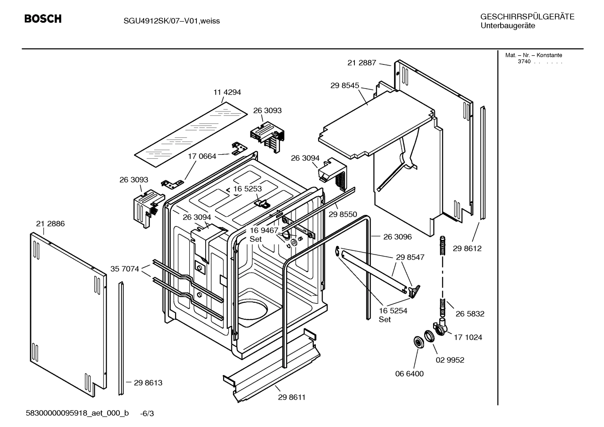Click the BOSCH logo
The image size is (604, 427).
pyautogui.click(x=43, y=19)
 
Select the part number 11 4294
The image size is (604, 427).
pyautogui.click(x=227, y=92)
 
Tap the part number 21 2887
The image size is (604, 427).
pyautogui.click(x=361, y=63)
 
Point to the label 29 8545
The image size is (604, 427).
pyautogui.click(x=344, y=85)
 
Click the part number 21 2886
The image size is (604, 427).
pyautogui.click(x=50, y=224)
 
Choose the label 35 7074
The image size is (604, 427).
pyautogui.click(x=124, y=269)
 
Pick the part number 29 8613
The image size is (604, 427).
pyautogui.click(x=148, y=383)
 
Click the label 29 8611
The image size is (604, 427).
pyautogui.click(x=292, y=397)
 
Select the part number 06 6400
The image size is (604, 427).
pyautogui.click(x=409, y=374)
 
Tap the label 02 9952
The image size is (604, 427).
pyautogui.click(x=450, y=360)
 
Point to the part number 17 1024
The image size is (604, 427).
pyautogui.click(x=468, y=337)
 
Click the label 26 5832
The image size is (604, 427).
pyautogui.click(x=470, y=314)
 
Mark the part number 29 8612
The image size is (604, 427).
pyautogui.click(x=467, y=248)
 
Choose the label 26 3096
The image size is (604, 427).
pyautogui.click(x=397, y=237)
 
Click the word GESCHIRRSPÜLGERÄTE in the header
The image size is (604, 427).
pyautogui.click(x=527, y=17)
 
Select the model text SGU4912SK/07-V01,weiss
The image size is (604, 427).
pyautogui.click(x=165, y=21)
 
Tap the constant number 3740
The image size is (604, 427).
pyautogui.click(x=524, y=62)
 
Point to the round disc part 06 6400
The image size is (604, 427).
pyautogui.click(x=418, y=342)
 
